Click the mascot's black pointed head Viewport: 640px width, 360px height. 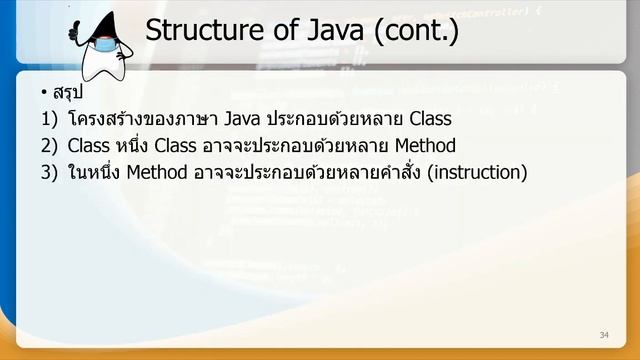pyautogui.click(x=105, y=26)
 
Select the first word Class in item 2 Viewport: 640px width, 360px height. pyautogui.click(x=89, y=146)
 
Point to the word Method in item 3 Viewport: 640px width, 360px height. pyautogui.click(x=156, y=172)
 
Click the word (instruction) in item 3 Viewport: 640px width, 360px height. pyautogui.click(x=476, y=172)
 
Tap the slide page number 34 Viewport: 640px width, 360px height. pyautogui.click(x=603, y=334)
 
